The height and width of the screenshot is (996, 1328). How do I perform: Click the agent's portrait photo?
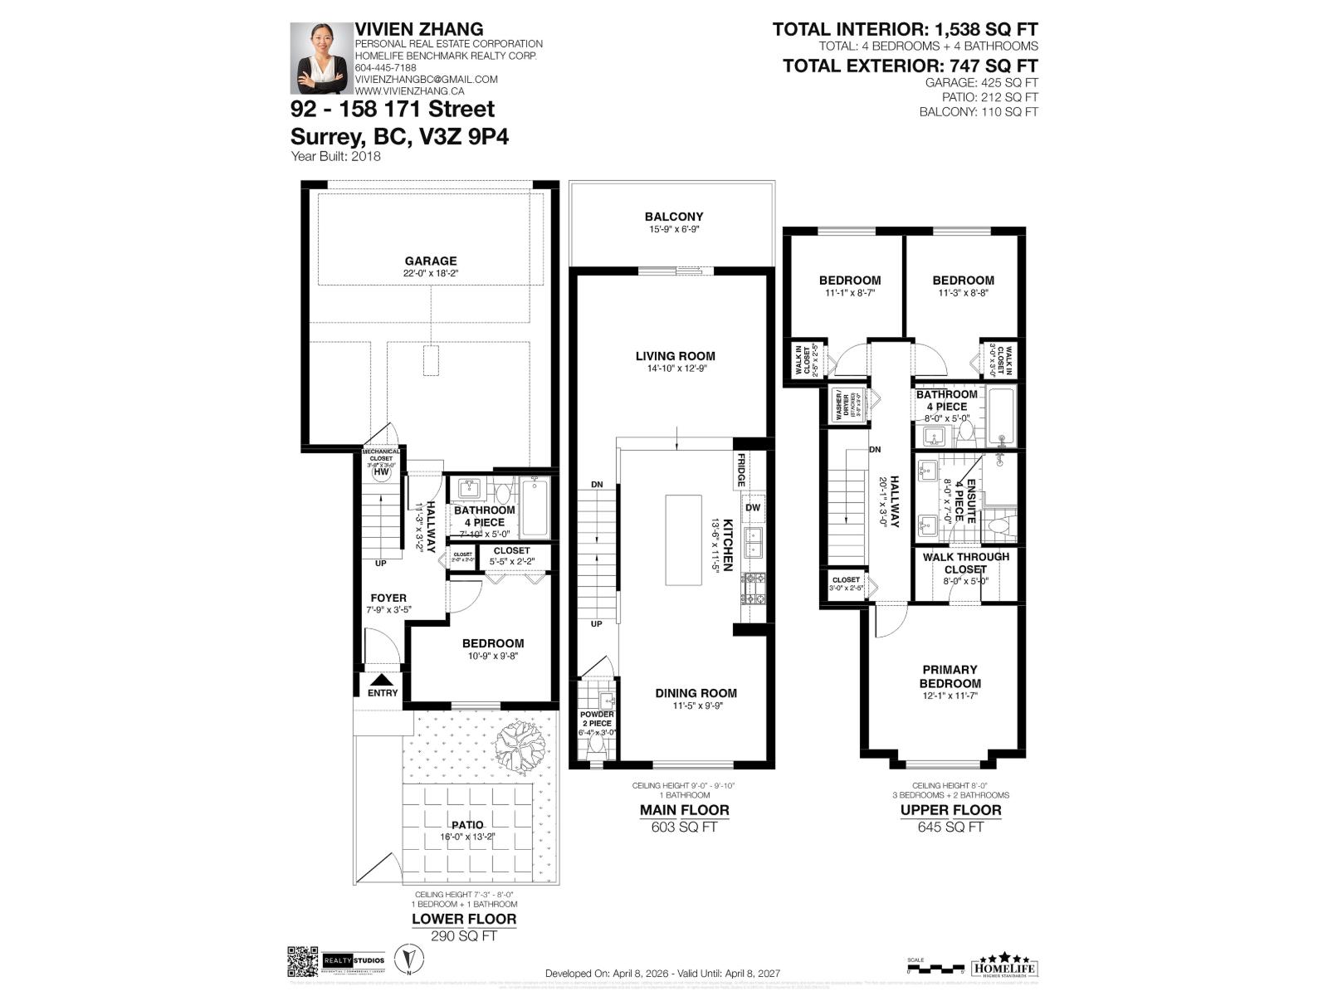coord(320,58)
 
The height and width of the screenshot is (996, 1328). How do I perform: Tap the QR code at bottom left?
coord(303,962)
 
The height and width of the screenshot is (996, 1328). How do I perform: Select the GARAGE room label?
coord(431,261)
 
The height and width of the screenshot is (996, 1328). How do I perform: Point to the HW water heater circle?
coord(381,472)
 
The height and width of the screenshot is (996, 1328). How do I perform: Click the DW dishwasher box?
coord(753,508)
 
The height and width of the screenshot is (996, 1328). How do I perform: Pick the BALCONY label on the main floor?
coord(673,217)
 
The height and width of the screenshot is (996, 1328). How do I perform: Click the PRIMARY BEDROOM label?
coord(950,676)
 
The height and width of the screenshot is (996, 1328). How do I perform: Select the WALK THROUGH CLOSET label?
coord(966,563)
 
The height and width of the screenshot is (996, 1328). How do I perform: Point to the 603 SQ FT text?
coord(684,827)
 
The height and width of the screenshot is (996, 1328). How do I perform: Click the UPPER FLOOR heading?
coord(950,810)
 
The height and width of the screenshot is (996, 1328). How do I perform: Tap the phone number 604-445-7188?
coord(385,68)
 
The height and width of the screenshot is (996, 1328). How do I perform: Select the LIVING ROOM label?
coord(675,356)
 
